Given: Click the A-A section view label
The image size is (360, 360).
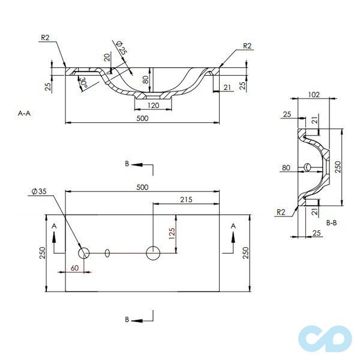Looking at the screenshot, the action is click(24, 113).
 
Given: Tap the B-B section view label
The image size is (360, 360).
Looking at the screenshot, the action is click(331, 223).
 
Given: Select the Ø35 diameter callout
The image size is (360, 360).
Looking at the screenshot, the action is click(39, 191).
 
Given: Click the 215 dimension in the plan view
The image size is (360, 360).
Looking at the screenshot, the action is click(186, 200).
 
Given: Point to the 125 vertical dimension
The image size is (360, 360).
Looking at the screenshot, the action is click(172, 233).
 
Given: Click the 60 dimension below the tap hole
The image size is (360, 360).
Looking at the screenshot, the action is click(74, 268).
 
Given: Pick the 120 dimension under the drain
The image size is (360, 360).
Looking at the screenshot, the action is click(153, 106).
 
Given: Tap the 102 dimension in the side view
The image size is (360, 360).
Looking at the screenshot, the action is click(314, 95).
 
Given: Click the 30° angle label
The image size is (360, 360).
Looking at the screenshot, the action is click(83, 82).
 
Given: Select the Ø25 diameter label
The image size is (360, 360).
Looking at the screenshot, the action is click(121, 48).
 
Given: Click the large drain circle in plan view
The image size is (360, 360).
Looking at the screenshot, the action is click(153, 253).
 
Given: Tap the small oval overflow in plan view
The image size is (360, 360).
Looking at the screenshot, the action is click(107, 253).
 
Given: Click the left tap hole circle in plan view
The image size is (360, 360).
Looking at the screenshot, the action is click(84, 253).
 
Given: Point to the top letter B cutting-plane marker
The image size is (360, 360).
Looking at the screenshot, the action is click(127, 164).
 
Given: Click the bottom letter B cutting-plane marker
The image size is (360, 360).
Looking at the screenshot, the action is click(127, 320).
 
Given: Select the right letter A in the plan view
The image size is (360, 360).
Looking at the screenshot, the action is click(233, 226).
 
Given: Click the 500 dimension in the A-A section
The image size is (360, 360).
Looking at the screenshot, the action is click(142, 118).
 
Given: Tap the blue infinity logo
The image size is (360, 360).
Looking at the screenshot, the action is click(325, 339).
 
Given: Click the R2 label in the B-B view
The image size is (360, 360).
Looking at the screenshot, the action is click(281, 212).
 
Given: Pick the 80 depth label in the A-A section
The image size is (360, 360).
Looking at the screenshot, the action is click(145, 80).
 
